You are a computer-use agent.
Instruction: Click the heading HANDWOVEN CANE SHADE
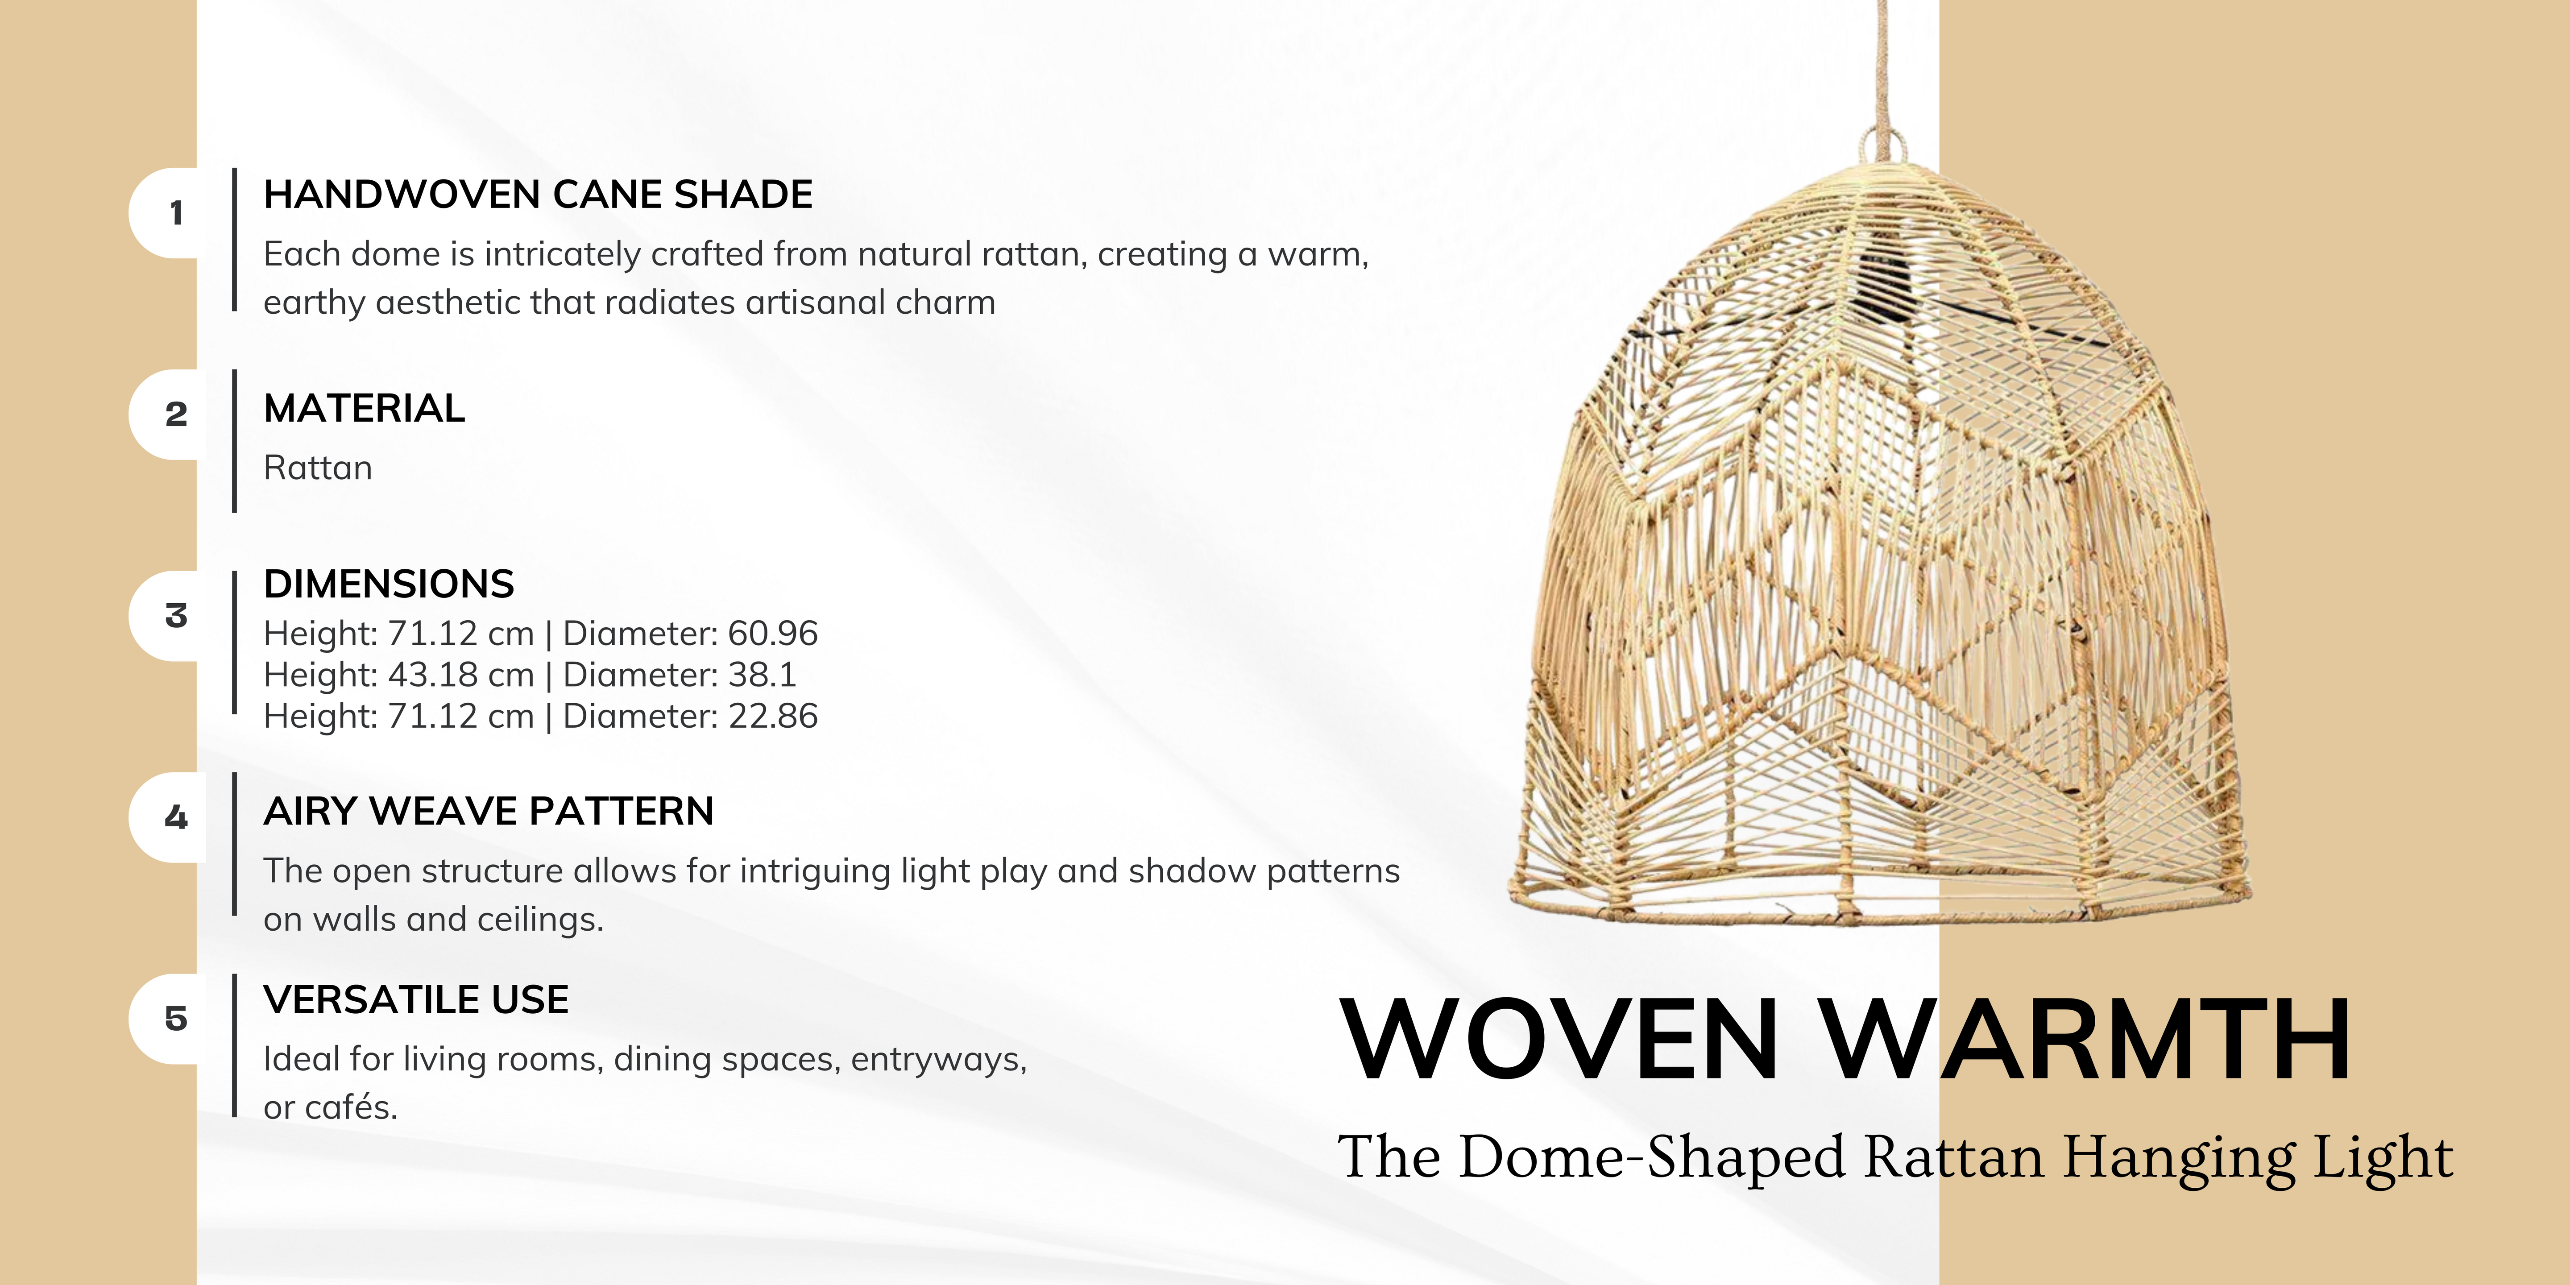click(538, 195)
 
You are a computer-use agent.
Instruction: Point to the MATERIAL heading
click(364, 408)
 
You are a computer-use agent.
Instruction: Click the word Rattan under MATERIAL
click(317, 468)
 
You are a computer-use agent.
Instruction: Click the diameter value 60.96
click(773, 634)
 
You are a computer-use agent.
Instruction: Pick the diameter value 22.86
click(773, 716)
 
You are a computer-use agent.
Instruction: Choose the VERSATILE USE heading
click(416, 999)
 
